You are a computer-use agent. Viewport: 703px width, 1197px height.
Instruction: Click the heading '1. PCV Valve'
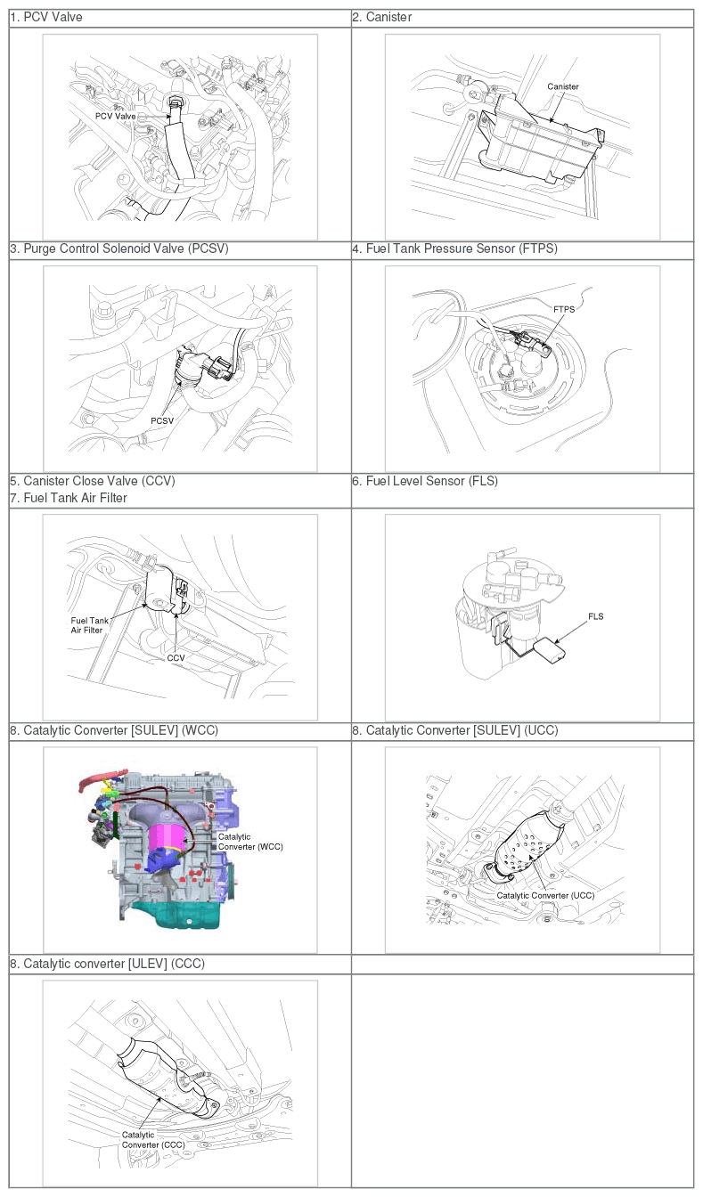tap(46, 17)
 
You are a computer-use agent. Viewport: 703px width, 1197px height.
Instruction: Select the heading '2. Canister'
tap(381, 17)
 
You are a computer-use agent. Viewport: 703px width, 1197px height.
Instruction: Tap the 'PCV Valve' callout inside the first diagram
tap(116, 116)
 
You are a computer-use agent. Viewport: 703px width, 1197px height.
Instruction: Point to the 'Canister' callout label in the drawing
tap(563, 86)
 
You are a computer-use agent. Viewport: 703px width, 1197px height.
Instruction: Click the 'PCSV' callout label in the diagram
tap(162, 421)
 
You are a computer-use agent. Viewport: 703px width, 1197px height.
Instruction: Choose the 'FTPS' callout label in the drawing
tap(564, 309)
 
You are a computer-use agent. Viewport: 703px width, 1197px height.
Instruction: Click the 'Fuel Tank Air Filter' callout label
tap(89, 625)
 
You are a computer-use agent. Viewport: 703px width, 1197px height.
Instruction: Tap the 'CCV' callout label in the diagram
tap(176, 658)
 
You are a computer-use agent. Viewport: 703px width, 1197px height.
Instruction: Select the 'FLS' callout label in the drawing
tap(596, 616)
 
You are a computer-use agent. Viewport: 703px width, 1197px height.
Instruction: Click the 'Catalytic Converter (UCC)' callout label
tap(545, 895)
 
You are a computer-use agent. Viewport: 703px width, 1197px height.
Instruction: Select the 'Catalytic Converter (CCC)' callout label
tap(153, 1140)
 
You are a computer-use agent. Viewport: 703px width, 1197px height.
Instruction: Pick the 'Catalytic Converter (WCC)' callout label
tap(250, 842)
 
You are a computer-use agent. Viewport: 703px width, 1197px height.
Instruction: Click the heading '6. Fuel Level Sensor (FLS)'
tap(425, 481)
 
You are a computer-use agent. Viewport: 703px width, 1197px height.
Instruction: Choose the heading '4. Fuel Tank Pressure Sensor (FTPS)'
tap(455, 248)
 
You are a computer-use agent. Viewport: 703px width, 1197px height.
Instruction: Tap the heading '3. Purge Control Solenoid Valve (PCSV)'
tap(119, 248)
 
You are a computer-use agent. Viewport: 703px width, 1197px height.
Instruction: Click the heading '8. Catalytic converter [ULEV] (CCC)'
tap(108, 964)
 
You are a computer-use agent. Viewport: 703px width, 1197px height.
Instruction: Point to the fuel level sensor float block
tap(551, 649)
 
